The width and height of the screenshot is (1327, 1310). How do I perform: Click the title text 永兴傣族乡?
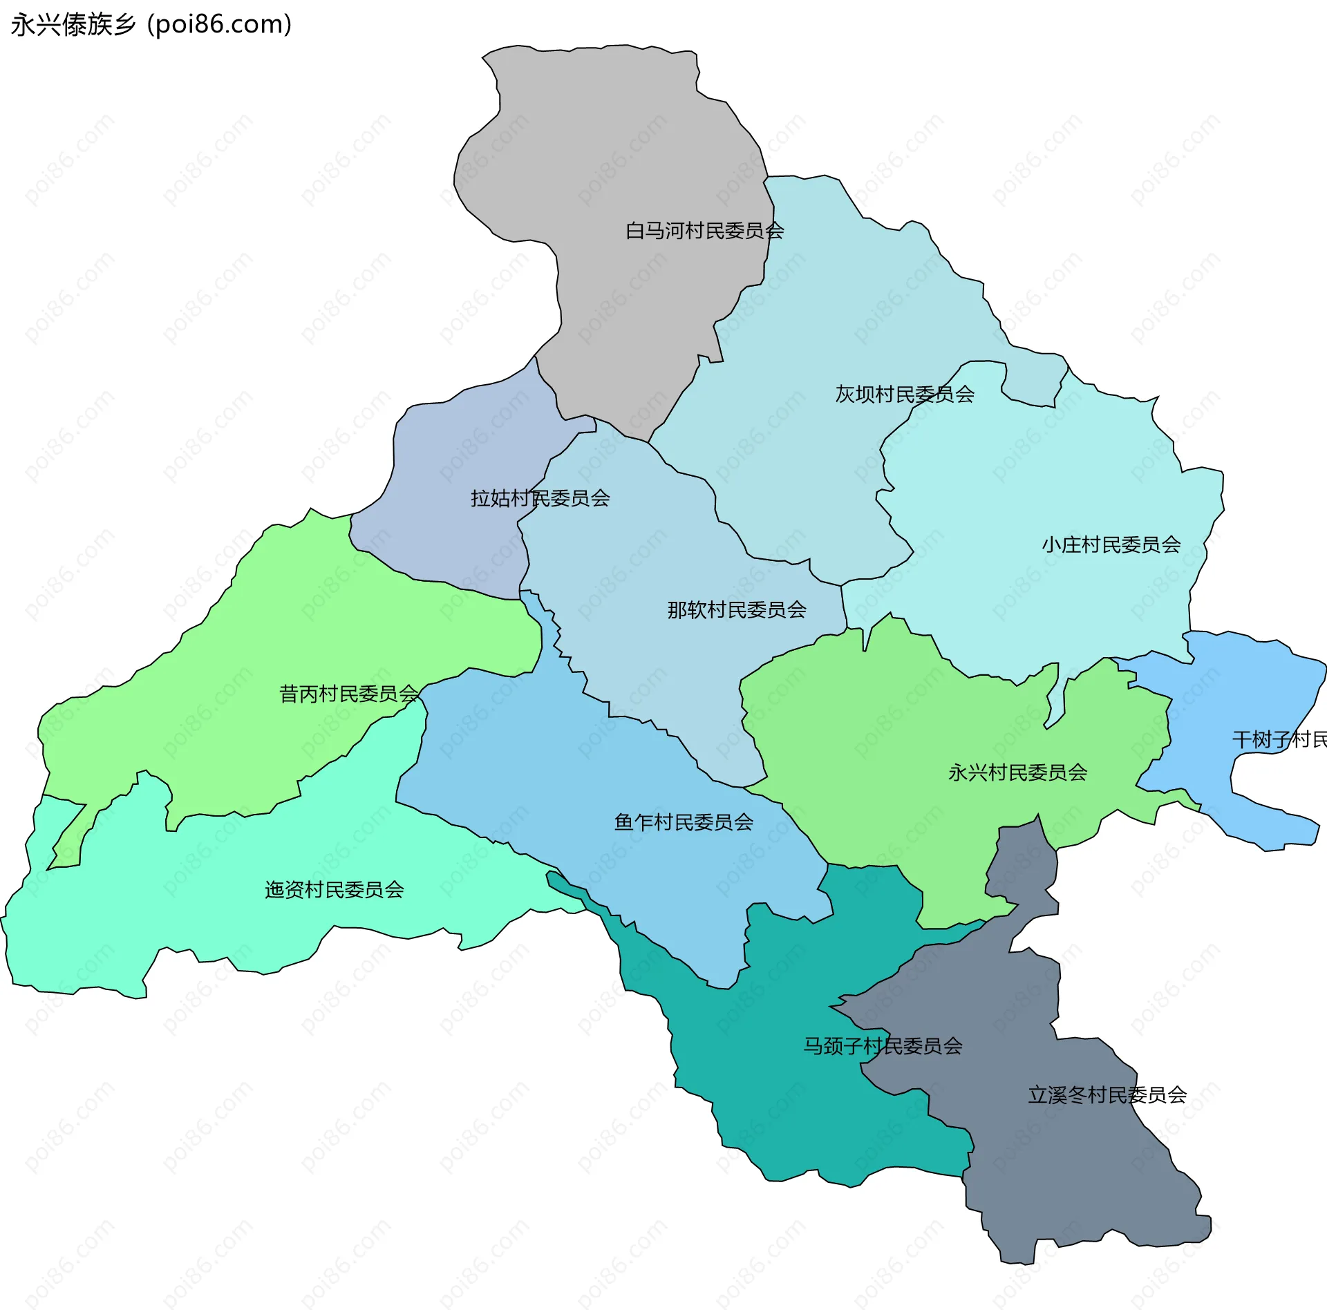click(x=73, y=25)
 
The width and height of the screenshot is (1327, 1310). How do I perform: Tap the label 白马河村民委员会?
click(x=704, y=231)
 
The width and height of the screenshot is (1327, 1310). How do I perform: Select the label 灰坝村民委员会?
click(x=905, y=395)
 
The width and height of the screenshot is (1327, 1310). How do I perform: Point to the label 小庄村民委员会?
click(x=1111, y=545)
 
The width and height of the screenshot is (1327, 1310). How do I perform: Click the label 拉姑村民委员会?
click(x=540, y=498)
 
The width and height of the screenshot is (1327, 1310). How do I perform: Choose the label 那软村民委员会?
click(x=737, y=610)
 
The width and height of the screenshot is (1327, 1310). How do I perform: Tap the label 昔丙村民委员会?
click(x=349, y=694)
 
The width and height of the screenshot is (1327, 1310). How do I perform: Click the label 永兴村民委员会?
click(x=1017, y=772)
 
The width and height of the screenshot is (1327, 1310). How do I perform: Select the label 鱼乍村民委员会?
click(x=684, y=822)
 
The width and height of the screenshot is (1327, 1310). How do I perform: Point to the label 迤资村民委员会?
click(x=335, y=890)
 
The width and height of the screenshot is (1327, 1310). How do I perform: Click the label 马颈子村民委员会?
click(x=883, y=1046)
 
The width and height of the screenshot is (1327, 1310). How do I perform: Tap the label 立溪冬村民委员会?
click(x=1107, y=1095)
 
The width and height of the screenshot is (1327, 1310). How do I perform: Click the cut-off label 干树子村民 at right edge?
click(x=1279, y=740)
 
